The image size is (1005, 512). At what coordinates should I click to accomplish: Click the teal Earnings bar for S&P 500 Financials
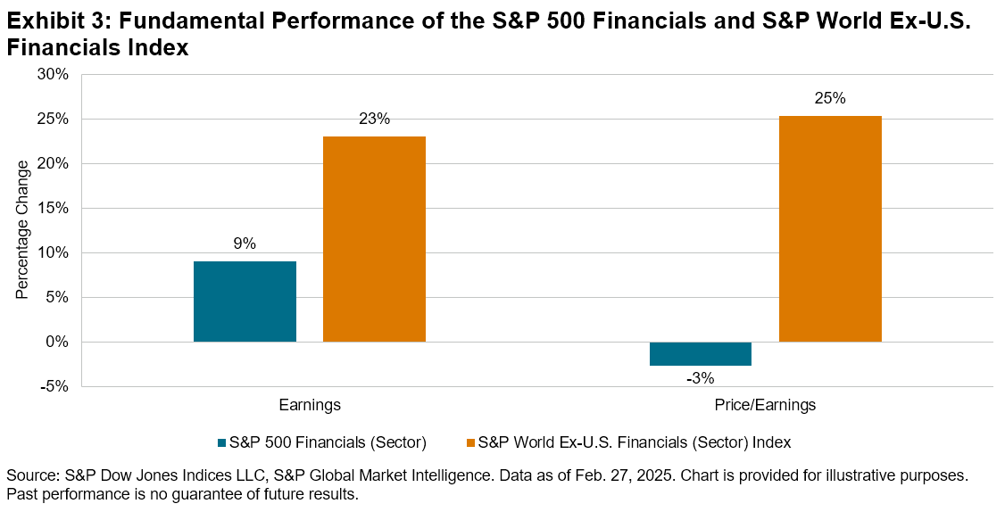pos(245,301)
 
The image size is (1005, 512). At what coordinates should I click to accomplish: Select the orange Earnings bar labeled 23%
pos(374,239)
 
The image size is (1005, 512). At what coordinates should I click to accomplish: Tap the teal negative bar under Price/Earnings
pos(701,353)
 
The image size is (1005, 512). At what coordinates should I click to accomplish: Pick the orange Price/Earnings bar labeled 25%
pos(830,229)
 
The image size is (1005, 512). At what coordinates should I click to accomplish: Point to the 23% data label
pos(374,120)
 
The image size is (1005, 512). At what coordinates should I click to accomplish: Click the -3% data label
pos(701,378)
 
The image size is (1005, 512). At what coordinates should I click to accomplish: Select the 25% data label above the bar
pos(830,99)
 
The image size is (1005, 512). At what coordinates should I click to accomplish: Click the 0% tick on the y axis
pos(56,343)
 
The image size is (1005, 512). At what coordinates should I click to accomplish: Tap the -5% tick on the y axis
pos(54,387)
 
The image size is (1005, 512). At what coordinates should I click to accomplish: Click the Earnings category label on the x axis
pos(310,406)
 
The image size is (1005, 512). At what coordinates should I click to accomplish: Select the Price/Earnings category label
pos(766,406)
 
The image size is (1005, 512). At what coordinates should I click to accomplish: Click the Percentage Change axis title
pos(22,229)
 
